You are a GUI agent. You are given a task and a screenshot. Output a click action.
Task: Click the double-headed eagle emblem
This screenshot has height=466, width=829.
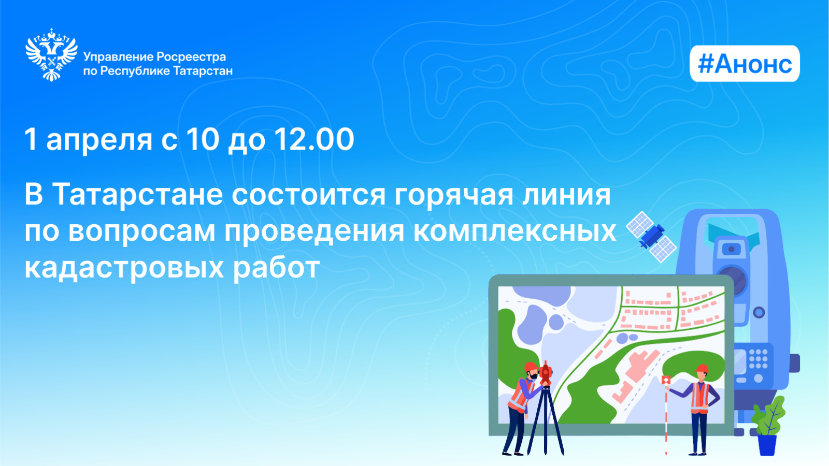(x=51, y=55)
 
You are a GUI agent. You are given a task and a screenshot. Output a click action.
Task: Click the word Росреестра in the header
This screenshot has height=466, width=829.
(x=191, y=57)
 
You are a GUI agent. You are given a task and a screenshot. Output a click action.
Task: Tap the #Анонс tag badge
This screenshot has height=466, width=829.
(x=745, y=64)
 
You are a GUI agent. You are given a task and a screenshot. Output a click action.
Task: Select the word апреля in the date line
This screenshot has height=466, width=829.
(x=99, y=140)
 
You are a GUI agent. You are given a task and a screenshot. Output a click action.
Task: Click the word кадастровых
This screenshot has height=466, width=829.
(x=124, y=268)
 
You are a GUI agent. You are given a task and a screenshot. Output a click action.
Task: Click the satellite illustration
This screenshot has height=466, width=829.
(x=651, y=236)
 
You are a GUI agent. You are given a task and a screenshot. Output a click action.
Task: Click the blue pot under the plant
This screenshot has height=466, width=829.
(x=767, y=445)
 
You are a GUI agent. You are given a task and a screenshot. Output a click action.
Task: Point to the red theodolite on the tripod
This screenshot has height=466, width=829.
(x=546, y=374)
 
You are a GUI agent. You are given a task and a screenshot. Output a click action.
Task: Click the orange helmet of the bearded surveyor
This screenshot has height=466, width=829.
(x=531, y=367)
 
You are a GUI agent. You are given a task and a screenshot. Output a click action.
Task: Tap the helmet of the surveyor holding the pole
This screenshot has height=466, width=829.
(x=702, y=369)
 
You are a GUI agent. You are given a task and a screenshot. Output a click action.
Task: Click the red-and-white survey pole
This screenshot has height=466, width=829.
(x=666, y=415)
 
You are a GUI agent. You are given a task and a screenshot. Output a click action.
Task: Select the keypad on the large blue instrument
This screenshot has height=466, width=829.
(x=758, y=359)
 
